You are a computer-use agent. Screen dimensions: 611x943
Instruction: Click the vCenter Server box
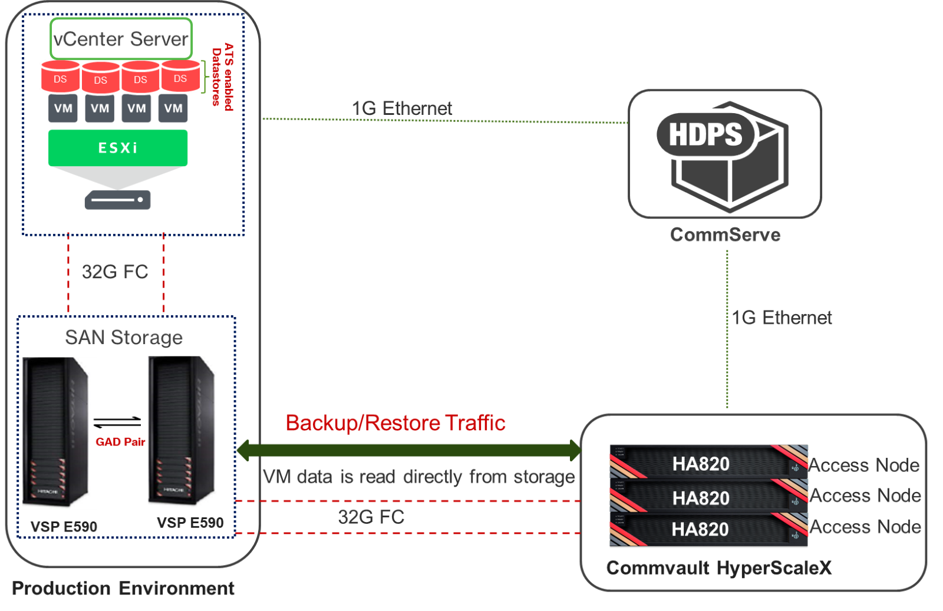click(121, 39)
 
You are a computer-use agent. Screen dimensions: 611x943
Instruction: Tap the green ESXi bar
click(118, 147)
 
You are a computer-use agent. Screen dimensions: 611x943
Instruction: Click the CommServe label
click(726, 235)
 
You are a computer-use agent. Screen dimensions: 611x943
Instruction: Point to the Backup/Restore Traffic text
click(395, 423)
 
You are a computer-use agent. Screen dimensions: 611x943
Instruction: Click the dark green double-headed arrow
click(408, 451)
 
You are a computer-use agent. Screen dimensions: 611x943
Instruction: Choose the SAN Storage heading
click(124, 338)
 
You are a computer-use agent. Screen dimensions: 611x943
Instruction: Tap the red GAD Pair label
click(121, 442)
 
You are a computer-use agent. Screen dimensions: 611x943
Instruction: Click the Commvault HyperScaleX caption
click(719, 568)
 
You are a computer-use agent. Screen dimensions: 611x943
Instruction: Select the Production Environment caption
click(123, 588)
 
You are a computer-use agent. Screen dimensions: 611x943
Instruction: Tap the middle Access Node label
click(865, 496)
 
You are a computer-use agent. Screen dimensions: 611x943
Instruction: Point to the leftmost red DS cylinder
click(60, 78)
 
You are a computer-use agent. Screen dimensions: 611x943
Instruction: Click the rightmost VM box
click(173, 108)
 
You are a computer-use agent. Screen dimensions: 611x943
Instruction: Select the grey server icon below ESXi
click(117, 200)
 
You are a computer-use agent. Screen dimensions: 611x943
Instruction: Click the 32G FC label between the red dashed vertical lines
click(115, 272)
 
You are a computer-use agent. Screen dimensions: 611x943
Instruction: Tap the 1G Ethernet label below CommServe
click(782, 318)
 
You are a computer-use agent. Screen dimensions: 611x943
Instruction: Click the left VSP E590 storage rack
click(58, 433)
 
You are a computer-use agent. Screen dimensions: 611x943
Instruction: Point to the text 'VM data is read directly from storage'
click(418, 477)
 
